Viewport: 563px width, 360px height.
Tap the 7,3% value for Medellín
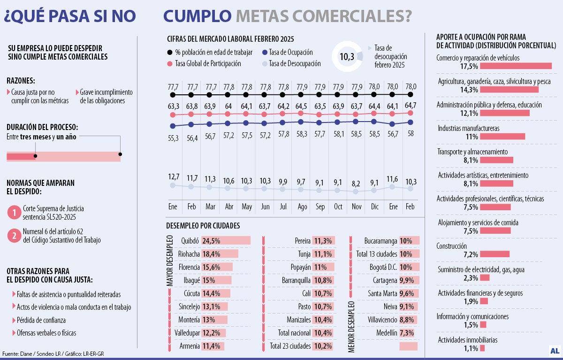point(406,332)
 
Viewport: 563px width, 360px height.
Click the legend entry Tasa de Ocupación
point(290,53)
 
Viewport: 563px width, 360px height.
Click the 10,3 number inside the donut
point(347,57)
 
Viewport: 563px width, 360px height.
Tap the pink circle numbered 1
point(15,212)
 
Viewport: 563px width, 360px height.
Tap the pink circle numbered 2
point(15,235)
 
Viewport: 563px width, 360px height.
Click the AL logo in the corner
point(554,350)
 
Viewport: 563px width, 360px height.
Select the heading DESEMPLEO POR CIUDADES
point(203,226)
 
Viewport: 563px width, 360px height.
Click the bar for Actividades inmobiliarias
point(482,348)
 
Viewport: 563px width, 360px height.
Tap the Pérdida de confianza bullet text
point(41,320)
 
